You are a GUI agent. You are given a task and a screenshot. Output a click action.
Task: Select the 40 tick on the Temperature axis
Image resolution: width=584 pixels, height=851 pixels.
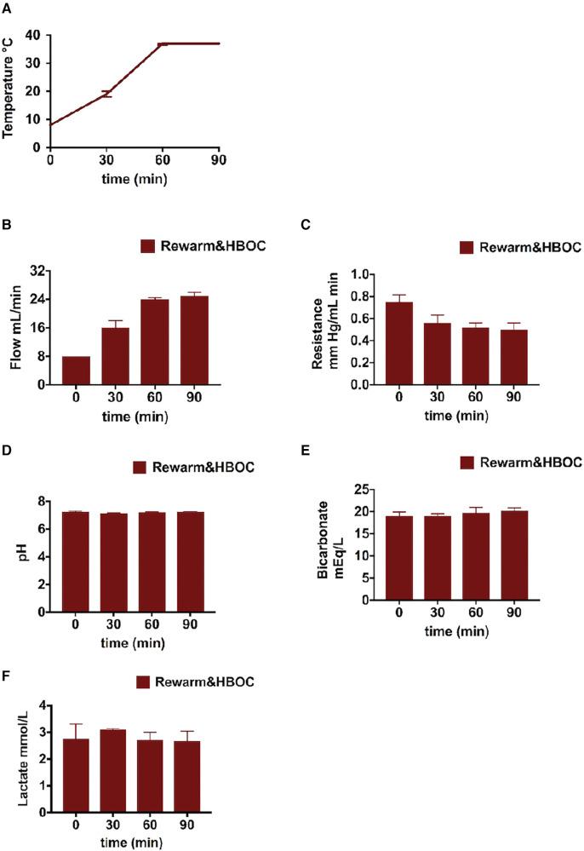[x=33, y=35]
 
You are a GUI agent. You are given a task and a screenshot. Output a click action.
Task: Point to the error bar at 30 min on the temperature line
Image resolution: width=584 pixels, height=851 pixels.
[x=106, y=94]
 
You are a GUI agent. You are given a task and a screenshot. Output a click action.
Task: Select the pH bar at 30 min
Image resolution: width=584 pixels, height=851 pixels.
[x=115, y=562]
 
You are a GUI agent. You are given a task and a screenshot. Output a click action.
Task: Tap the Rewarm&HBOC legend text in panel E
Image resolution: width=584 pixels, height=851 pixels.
[x=530, y=463]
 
